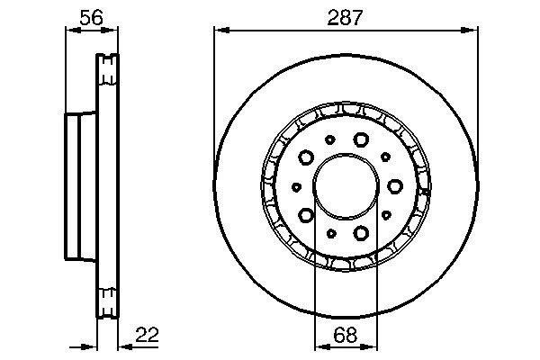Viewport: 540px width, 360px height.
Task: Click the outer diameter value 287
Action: (x=345, y=18)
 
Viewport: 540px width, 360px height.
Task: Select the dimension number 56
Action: (x=91, y=18)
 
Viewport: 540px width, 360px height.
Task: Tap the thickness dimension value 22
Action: (x=147, y=335)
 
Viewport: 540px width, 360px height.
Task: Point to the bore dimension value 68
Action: (x=346, y=335)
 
